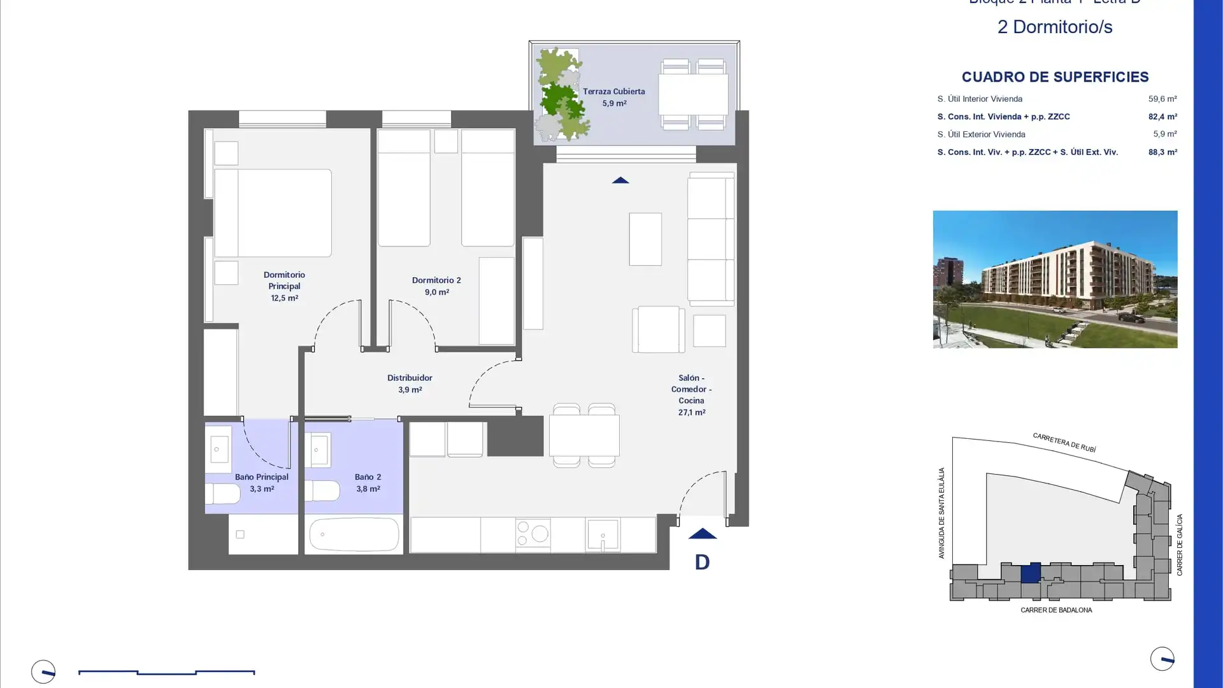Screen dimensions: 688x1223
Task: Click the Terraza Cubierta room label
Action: click(x=613, y=91)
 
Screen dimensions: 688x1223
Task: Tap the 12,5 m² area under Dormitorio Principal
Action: click(x=284, y=298)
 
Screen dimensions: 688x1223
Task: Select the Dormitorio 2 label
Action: click(x=436, y=280)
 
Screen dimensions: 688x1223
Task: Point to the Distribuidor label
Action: click(x=410, y=378)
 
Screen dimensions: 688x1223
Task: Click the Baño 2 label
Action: click(x=368, y=477)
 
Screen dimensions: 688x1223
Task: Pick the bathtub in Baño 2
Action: click(x=354, y=534)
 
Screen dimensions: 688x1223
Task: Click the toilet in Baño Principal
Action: click(x=222, y=494)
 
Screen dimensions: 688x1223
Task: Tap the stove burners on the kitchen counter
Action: click(x=533, y=534)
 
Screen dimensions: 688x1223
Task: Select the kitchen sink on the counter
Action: click(x=603, y=534)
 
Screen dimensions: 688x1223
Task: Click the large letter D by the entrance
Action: click(x=702, y=562)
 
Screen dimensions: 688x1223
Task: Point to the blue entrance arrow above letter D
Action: click(x=702, y=534)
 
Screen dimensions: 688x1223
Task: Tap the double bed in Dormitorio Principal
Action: click(x=273, y=213)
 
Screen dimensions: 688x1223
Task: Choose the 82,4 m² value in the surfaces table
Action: click(x=1162, y=117)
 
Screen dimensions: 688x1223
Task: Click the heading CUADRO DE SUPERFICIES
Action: click(x=1055, y=77)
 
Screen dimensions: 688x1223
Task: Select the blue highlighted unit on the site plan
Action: click(x=1031, y=573)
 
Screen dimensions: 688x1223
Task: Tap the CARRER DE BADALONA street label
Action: click(x=1056, y=610)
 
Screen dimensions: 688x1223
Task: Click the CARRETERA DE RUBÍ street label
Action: click(x=1064, y=443)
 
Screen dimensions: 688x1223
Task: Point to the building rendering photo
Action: click(x=1055, y=279)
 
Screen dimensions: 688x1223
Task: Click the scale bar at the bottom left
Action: click(x=166, y=671)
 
